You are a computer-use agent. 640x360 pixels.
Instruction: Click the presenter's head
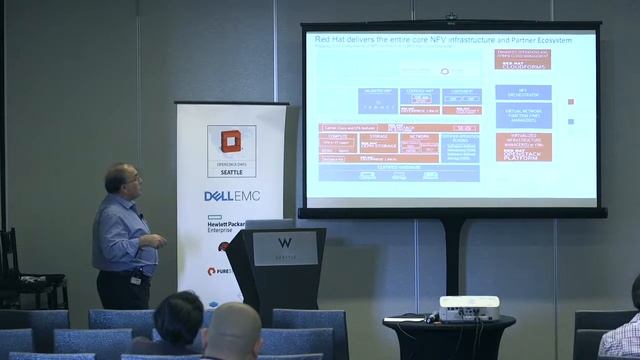(x=128, y=180)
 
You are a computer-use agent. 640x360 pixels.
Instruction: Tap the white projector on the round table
(x=468, y=308)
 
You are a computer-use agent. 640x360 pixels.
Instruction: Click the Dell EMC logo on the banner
(x=232, y=195)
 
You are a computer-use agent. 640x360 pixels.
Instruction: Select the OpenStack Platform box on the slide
(x=522, y=153)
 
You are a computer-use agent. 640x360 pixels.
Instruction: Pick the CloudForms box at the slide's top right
(x=522, y=58)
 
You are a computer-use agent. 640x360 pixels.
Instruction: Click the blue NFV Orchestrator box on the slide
(x=522, y=92)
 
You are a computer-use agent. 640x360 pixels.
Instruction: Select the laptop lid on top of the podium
(x=267, y=224)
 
